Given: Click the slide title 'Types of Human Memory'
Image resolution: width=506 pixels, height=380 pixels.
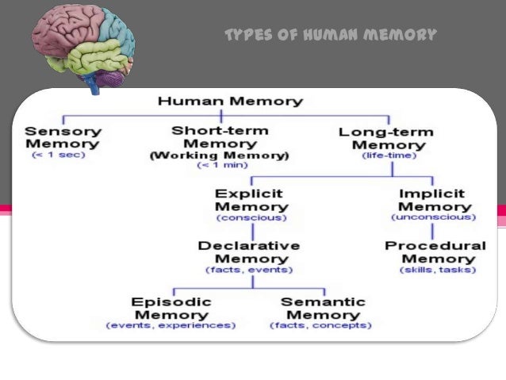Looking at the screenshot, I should pos(331,35).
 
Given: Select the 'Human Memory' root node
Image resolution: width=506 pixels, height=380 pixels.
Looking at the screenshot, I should pos(230,102).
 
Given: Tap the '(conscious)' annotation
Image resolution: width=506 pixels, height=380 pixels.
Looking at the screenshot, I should pos(251,217).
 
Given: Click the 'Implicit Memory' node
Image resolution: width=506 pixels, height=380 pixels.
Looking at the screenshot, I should pos(432,199).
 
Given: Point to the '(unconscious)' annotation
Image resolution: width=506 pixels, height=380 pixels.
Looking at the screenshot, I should pos(433,217).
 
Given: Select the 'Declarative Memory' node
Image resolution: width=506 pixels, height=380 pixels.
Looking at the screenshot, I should pos(249,252).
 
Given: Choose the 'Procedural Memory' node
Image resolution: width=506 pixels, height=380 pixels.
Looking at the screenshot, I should pos(435,252).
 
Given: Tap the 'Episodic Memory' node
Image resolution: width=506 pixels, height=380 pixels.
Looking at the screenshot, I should pos(171,308).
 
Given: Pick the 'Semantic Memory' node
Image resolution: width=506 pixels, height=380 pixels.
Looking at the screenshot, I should pos(323,308).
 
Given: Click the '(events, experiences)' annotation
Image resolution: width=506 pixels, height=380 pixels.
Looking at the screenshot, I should pos(171,325).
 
